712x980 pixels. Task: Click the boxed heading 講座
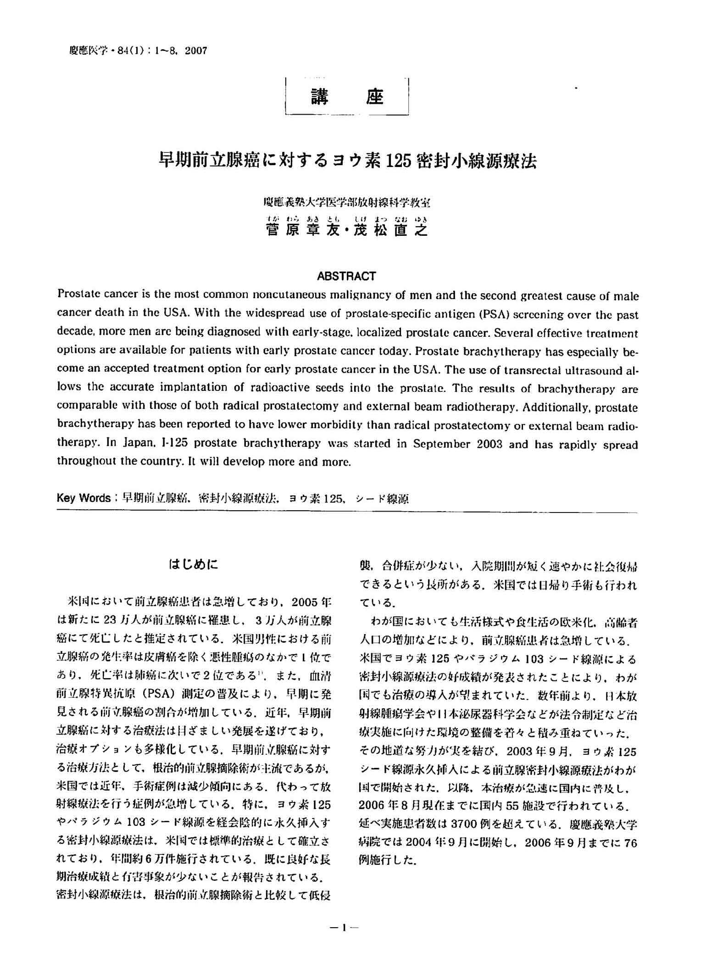(347, 97)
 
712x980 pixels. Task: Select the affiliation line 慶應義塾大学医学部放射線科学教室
(347, 202)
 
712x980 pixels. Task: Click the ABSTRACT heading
(346, 276)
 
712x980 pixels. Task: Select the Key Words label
(83, 498)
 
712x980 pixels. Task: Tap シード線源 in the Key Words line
(382, 499)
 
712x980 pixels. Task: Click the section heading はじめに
(193, 564)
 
